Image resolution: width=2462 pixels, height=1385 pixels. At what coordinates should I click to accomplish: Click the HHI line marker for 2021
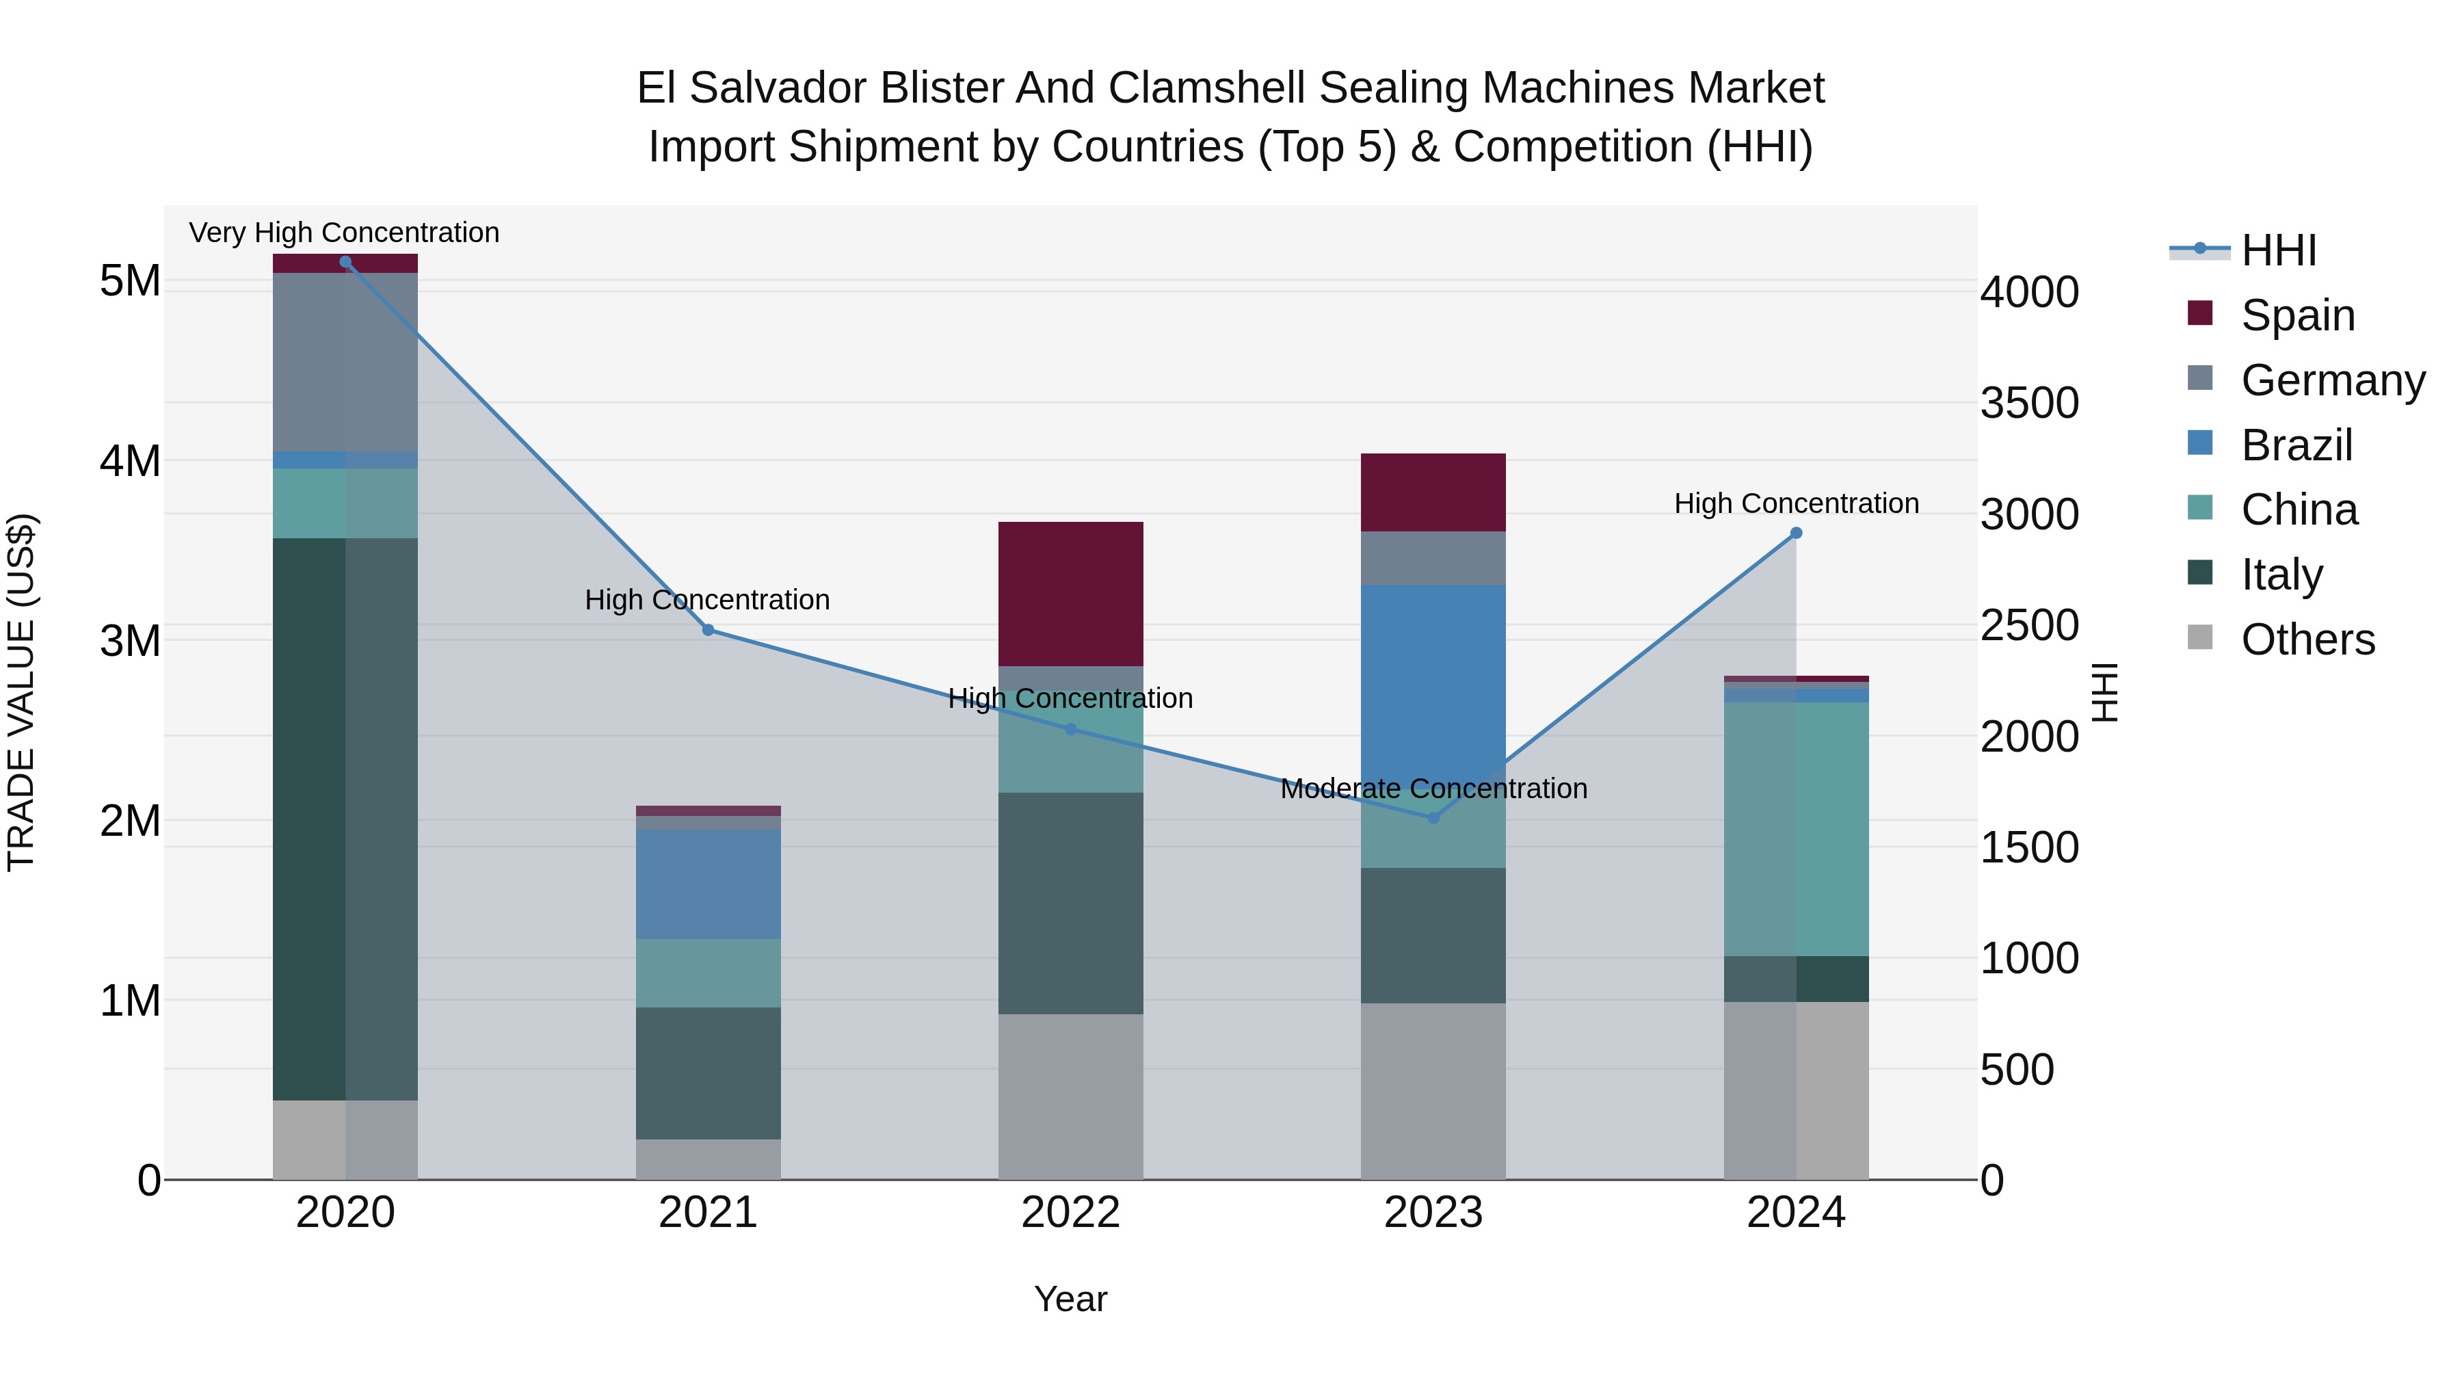(x=709, y=630)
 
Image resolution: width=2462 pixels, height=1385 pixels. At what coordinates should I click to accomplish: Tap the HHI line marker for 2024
(x=1796, y=533)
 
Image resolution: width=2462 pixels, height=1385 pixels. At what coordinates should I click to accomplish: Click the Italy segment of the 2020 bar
(x=345, y=819)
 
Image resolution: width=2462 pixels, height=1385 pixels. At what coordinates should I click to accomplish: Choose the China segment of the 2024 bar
(x=1796, y=829)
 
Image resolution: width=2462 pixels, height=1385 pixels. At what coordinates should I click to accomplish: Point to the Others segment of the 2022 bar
(x=1070, y=1096)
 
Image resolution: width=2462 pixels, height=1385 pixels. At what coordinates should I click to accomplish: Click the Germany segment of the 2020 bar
(x=345, y=361)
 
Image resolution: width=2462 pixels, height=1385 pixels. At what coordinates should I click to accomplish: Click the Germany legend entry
(x=2332, y=380)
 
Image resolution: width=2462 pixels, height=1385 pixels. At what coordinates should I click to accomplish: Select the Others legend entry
(x=2307, y=639)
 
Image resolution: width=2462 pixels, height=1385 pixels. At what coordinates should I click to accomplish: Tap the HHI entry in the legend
(x=2279, y=250)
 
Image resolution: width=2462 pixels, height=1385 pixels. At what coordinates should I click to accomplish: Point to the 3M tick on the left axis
(x=130, y=640)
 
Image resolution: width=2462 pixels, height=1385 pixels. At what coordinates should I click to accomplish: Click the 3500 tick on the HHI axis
(x=2029, y=402)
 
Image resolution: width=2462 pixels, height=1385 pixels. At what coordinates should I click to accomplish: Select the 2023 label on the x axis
(x=1433, y=1213)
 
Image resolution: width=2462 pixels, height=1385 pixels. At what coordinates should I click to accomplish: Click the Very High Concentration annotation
(x=344, y=233)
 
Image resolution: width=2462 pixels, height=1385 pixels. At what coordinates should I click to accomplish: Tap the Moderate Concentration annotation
(x=1433, y=789)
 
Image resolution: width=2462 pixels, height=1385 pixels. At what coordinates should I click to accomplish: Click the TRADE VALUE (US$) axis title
(x=21, y=692)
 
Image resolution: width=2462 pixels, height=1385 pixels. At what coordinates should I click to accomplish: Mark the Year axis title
(x=1070, y=1299)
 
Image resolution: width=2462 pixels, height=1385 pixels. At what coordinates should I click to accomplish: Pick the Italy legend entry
(x=2281, y=575)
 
